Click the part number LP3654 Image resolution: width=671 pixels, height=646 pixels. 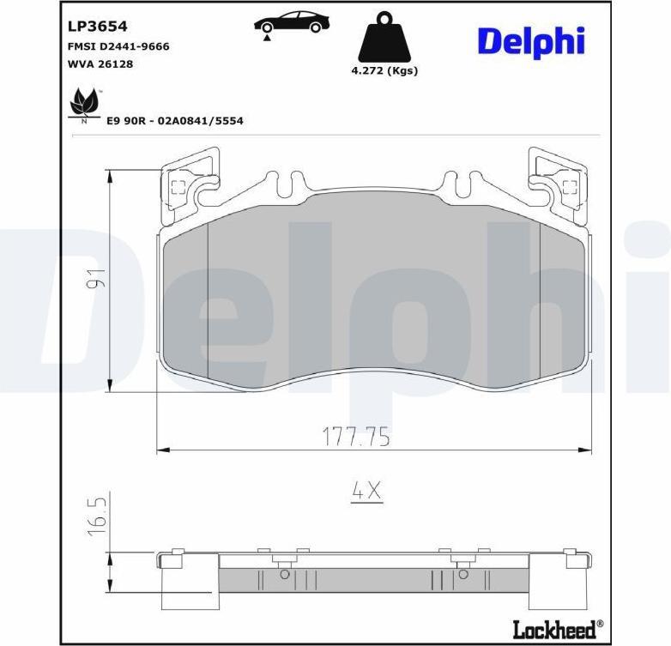pyautogui.click(x=98, y=26)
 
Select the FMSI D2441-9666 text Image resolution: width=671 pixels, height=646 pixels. pyautogui.click(x=118, y=46)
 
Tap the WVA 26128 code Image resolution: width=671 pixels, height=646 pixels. pyautogui.click(x=100, y=64)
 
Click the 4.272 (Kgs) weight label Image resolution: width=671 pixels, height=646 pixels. pyautogui.click(x=384, y=70)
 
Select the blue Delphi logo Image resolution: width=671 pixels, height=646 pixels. pyautogui.click(x=531, y=42)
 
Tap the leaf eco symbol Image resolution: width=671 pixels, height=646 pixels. pyautogui.click(x=85, y=105)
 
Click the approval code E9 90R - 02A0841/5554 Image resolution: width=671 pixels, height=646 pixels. pyautogui.click(x=174, y=121)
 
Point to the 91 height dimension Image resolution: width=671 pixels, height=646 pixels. pyautogui.click(x=96, y=278)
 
